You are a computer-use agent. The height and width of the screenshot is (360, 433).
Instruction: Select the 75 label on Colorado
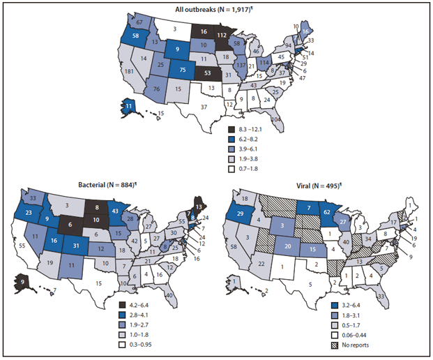tap(183, 69)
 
